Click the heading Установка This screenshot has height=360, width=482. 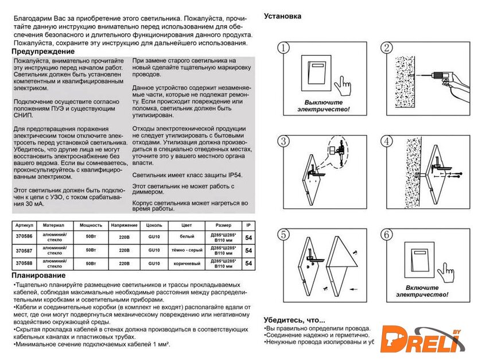click(x=282, y=16)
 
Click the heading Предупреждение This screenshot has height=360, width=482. click(x=40, y=52)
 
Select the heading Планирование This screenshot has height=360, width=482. click(x=37, y=276)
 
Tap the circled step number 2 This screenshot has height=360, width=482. click(x=388, y=48)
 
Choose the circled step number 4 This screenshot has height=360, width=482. click(x=388, y=141)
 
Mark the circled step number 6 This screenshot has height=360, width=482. click(x=388, y=235)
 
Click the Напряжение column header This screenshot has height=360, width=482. click(x=125, y=226)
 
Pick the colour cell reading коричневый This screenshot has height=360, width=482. click(x=186, y=264)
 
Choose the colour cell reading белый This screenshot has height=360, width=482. click(x=186, y=237)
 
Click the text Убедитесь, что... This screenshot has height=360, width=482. click(x=294, y=320)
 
